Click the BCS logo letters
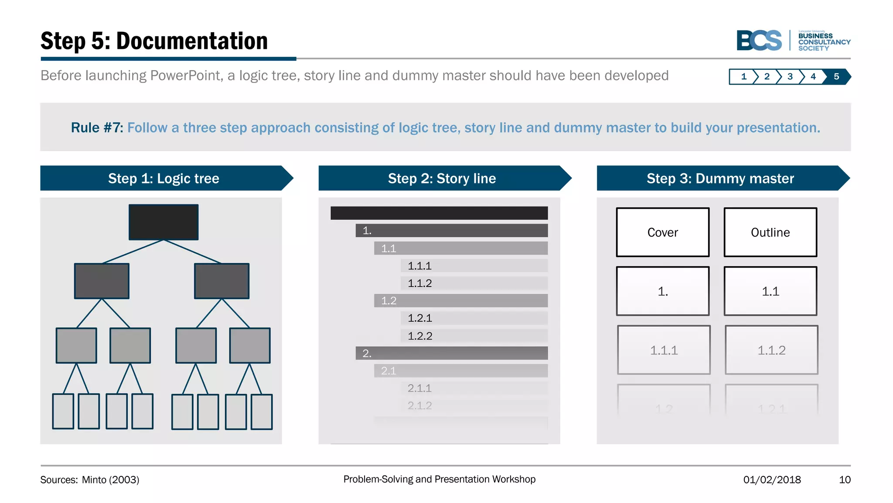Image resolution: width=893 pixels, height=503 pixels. coord(759,41)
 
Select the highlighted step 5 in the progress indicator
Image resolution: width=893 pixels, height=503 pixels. coord(836,76)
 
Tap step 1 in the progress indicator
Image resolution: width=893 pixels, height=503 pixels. coord(743,76)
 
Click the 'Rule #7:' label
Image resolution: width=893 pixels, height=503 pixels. coord(97,127)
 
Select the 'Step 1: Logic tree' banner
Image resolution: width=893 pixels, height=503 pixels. coord(164,178)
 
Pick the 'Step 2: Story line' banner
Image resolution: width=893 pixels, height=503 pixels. coord(442,178)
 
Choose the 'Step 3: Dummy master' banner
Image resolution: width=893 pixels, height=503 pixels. coord(720,178)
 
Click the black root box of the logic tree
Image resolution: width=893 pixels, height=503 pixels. coord(164,222)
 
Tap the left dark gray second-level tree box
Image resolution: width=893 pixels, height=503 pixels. coord(102,281)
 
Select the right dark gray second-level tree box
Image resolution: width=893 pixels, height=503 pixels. coord(222,281)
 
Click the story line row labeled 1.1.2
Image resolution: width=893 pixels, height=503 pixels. coord(474,283)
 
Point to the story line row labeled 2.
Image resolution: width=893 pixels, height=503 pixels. coord(451,353)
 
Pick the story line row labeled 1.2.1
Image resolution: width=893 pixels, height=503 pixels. coord(474,318)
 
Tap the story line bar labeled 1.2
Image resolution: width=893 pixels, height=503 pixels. coord(460,300)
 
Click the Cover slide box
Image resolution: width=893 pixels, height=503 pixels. coord(662,232)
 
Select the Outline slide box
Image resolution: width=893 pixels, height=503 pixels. coord(770,232)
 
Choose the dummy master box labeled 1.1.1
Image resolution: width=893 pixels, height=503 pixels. coord(664,350)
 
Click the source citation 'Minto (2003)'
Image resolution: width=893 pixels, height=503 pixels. coord(110,479)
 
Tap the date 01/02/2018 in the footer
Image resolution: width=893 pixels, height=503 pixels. coord(772,479)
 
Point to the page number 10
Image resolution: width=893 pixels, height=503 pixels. coord(845,479)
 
